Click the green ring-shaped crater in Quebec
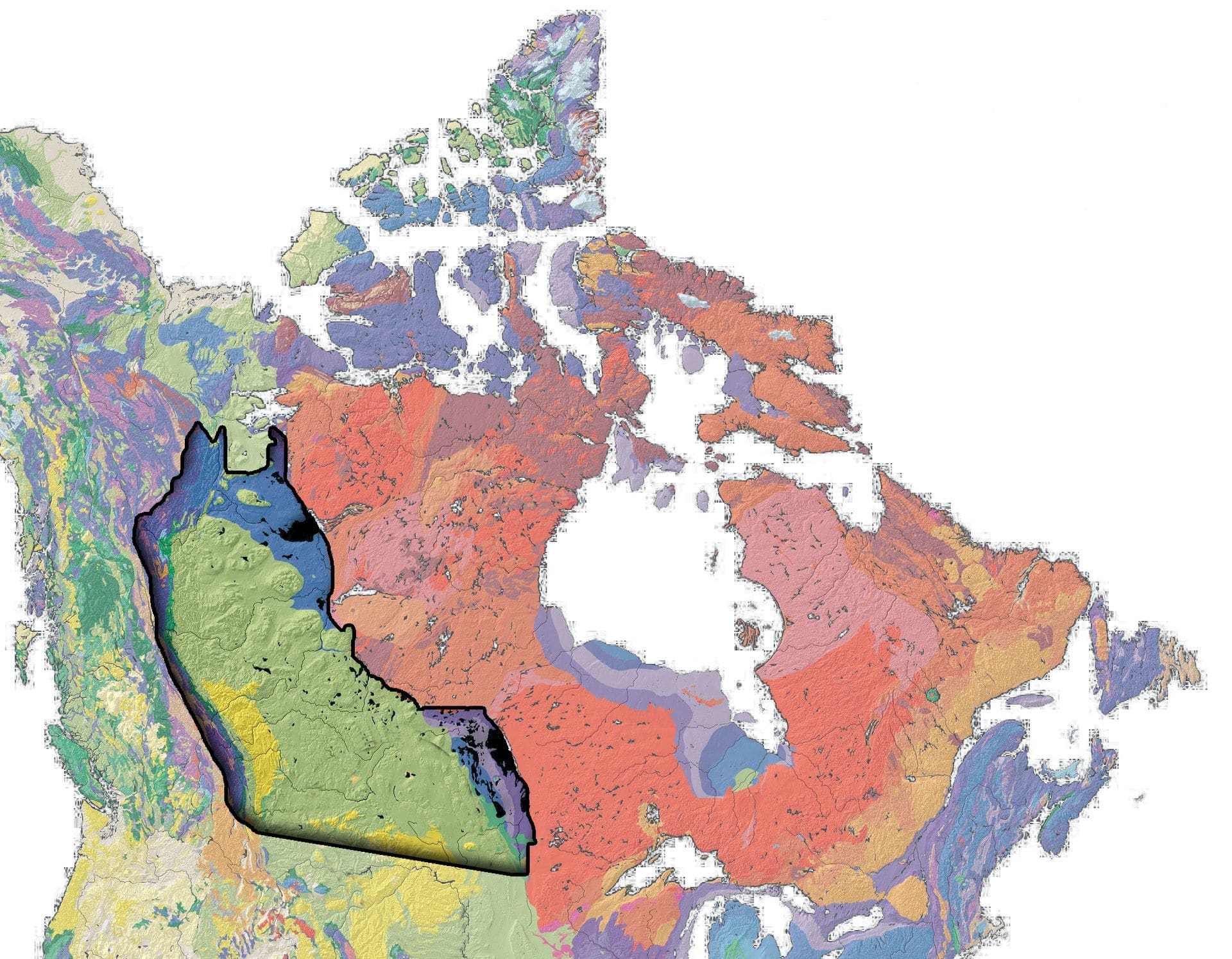[932, 694]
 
